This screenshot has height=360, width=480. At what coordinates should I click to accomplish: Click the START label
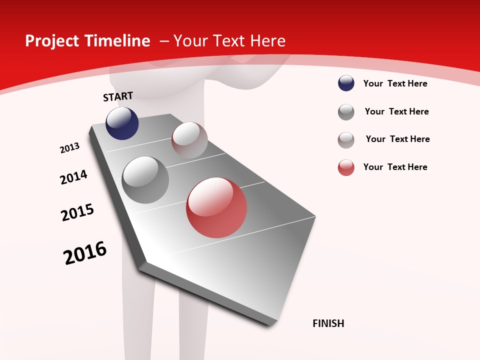tap(118, 96)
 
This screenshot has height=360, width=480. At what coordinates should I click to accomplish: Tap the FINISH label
tap(328, 323)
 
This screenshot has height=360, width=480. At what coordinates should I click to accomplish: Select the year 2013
tap(70, 148)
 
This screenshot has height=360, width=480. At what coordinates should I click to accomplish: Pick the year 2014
tap(73, 177)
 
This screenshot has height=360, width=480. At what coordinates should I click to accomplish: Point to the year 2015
tap(77, 212)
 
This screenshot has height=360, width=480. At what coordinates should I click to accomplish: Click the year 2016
tap(85, 253)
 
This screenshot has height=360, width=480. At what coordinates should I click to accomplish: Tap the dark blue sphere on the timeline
tap(122, 123)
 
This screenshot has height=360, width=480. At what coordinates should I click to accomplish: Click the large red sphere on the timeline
tap(216, 207)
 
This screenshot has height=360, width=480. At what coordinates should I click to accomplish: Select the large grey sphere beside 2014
tap(145, 180)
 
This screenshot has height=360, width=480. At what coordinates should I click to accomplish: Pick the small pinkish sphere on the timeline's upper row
tap(189, 140)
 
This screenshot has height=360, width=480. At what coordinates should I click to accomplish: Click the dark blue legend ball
tap(346, 83)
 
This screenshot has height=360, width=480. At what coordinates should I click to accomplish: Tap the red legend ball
tap(346, 167)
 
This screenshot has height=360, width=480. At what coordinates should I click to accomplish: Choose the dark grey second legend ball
tap(346, 112)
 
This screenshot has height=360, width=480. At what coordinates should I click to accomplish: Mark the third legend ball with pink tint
tap(346, 140)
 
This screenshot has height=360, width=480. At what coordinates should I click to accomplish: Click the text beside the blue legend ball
tap(395, 83)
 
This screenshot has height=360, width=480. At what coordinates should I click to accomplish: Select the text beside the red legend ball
tap(395, 167)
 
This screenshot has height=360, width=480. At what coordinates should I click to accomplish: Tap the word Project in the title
tap(52, 41)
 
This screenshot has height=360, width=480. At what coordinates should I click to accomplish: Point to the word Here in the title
tap(267, 41)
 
